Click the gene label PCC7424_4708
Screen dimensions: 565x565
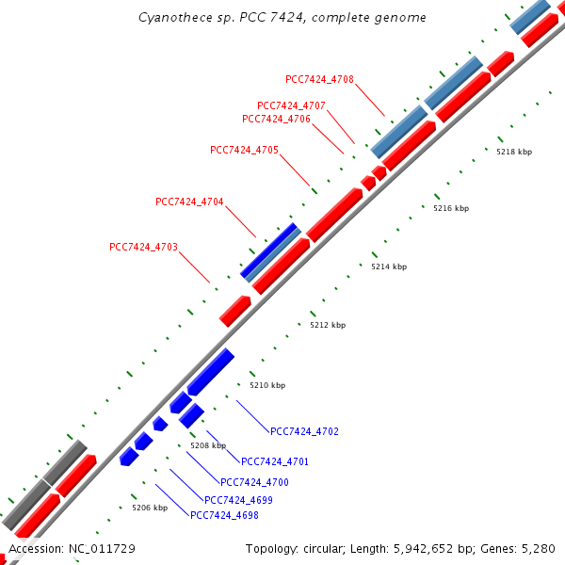(319, 79)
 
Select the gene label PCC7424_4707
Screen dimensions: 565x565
(291, 105)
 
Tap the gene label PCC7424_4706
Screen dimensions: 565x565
(276, 119)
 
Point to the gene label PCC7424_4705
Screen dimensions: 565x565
(244, 150)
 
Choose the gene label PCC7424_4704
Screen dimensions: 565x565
(189, 202)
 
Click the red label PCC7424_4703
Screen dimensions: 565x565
(143, 247)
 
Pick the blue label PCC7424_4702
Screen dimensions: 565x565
(304, 431)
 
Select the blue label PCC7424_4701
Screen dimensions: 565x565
(275, 461)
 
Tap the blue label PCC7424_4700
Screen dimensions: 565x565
(254, 482)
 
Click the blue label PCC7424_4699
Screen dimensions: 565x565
(238, 500)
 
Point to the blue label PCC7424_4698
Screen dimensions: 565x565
(224, 515)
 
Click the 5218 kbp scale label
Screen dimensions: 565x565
(514, 152)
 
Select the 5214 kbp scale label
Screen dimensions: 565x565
(389, 267)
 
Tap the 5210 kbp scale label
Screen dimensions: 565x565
(266, 385)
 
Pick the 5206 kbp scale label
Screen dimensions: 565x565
(149, 508)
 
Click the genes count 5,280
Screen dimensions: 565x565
(538, 548)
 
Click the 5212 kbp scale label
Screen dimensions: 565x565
(328, 325)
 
